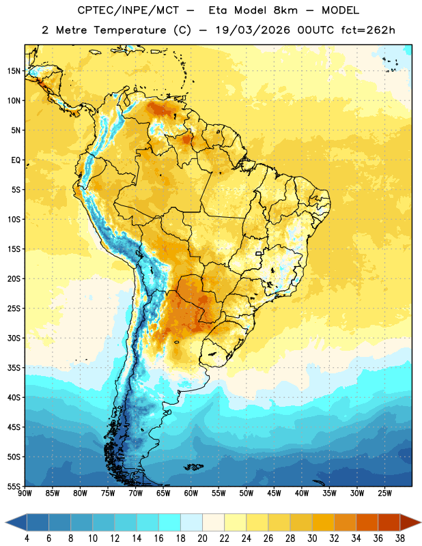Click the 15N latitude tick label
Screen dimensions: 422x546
(x=14, y=71)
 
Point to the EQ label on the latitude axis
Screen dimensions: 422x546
(x=16, y=160)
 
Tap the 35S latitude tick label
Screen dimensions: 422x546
(x=14, y=368)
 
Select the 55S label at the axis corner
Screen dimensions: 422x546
(x=14, y=486)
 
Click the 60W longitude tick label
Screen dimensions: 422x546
(x=191, y=493)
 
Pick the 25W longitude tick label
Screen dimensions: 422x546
(x=384, y=493)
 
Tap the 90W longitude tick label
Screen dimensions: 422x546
(x=25, y=493)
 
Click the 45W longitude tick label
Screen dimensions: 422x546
(x=274, y=493)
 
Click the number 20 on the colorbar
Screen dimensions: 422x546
(x=202, y=538)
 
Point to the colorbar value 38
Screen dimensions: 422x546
(x=400, y=538)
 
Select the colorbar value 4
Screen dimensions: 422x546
(x=27, y=538)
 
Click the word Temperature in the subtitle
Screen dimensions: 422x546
(x=130, y=30)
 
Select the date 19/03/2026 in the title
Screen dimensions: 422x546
(x=253, y=30)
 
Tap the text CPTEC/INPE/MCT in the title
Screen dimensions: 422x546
(x=128, y=10)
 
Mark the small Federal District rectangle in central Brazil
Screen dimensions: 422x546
(x=259, y=253)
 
